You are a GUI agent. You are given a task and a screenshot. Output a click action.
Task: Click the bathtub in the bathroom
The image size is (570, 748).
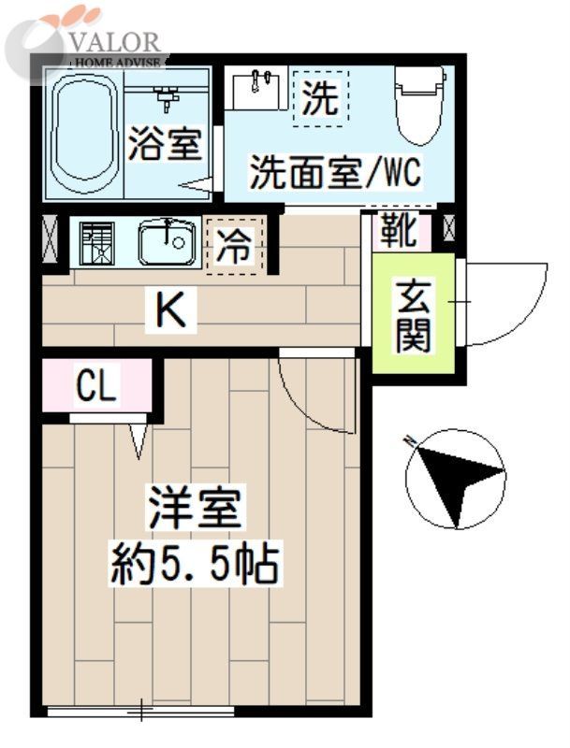coord(83,136)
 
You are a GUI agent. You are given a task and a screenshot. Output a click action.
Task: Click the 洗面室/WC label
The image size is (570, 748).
coord(333,173)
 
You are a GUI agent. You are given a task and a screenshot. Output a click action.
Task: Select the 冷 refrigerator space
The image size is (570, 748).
coord(235,246)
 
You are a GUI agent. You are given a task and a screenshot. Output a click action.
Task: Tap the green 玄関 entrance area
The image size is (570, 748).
coord(412,315)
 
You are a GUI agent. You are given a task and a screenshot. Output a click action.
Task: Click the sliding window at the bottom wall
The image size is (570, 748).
coord(140,712)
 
